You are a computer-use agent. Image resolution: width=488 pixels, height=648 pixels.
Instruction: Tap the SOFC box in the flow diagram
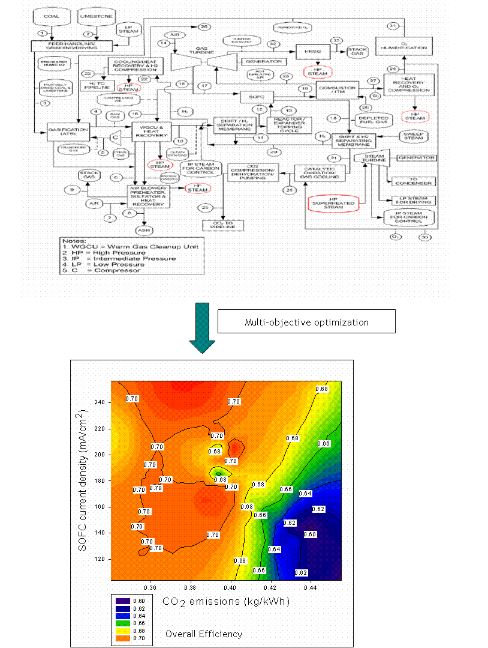click(257, 96)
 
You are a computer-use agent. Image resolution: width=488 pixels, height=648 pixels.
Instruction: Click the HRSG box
click(309, 52)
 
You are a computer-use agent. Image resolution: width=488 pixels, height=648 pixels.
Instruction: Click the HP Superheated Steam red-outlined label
click(333, 204)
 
